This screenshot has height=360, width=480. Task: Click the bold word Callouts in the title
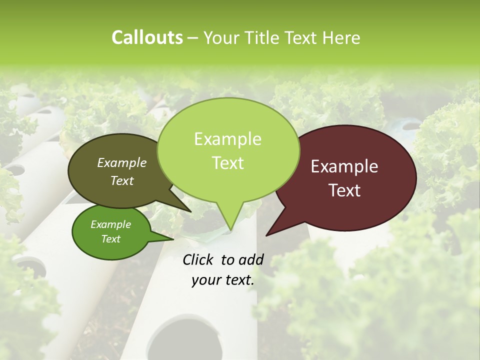(147, 37)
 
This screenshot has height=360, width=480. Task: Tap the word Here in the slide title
(341, 37)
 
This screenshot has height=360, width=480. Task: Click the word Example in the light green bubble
(227, 139)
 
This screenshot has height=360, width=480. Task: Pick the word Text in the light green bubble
(227, 162)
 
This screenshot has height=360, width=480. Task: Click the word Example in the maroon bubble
(344, 166)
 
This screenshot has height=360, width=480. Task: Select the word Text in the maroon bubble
(344, 190)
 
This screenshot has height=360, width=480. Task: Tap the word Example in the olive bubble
(122, 162)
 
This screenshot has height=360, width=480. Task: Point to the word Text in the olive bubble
(122, 180)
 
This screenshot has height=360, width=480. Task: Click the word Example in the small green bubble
(110, 224)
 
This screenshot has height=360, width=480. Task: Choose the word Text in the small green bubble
(110, 239)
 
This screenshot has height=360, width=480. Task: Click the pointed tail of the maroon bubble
(267, 234)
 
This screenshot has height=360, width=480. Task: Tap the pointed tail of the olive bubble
(189, 210)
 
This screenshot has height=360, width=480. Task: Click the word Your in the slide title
(220, 37)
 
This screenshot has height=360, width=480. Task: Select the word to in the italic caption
(227, 259)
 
